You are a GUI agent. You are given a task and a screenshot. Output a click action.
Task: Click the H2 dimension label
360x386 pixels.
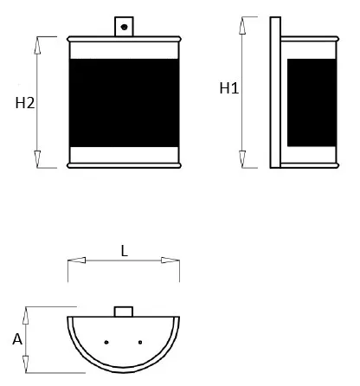(x=25, y=103)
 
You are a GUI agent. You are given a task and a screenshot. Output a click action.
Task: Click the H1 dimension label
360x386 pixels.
(x=229, y=88)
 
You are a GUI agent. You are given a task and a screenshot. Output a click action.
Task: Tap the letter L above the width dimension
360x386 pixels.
(x=124, y=251)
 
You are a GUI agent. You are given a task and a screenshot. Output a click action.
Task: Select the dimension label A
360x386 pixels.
(x=17, y=339)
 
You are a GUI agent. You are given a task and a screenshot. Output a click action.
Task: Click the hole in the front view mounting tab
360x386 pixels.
(x=125, y=27)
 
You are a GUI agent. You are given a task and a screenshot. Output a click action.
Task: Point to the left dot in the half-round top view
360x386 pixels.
(x=106, y=342)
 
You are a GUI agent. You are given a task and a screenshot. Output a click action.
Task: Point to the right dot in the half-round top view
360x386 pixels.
(x=140, y=342)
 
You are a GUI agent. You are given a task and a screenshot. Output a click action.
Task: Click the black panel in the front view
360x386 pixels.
(x=124, y=103)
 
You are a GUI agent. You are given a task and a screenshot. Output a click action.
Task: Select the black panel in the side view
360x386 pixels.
(x=312, y=103)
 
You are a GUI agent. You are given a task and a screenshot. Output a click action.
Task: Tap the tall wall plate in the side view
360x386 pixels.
(x=275, y=93)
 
